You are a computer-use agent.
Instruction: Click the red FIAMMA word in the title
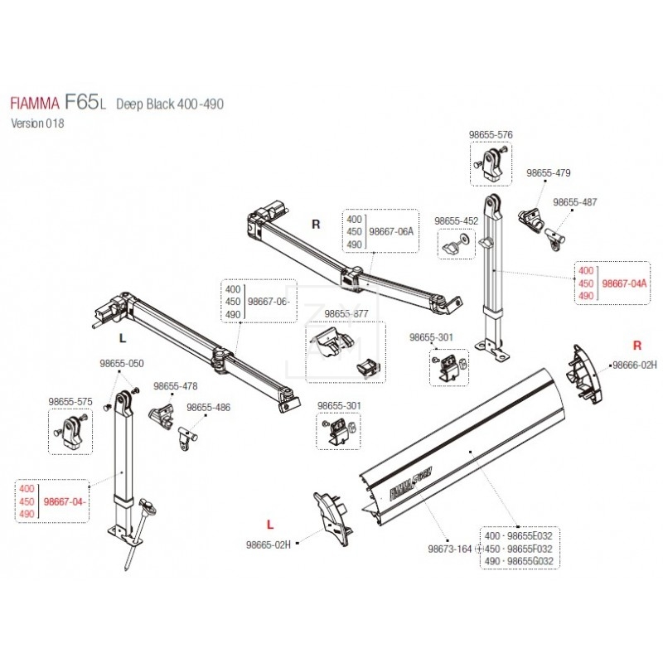34,105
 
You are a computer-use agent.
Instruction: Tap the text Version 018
36,123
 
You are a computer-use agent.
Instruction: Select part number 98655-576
491,133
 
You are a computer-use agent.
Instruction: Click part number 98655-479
549,173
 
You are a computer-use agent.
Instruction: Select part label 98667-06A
390,232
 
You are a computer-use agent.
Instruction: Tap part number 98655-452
457,221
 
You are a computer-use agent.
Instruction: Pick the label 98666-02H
633,365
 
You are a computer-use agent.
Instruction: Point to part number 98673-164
449,549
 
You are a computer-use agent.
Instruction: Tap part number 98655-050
121,363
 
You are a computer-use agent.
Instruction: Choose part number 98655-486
208,408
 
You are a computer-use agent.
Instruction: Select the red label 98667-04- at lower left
65,501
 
